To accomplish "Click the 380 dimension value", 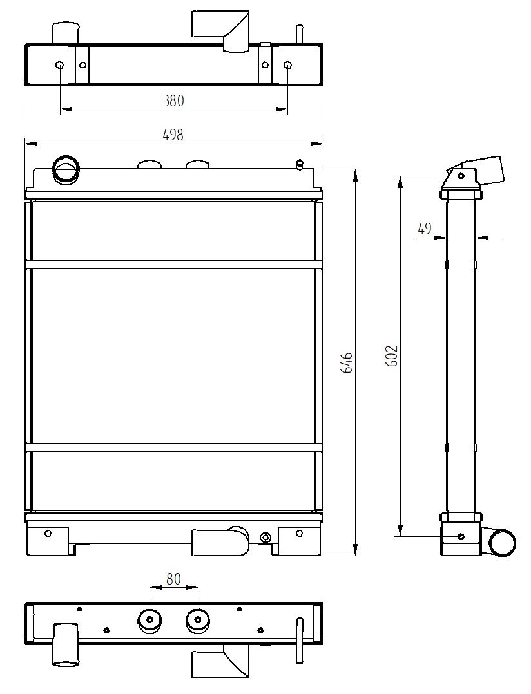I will (173, 100).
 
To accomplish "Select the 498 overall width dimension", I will (173, 135).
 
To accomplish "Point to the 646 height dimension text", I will (346, 362).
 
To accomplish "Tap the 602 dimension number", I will (392, 356).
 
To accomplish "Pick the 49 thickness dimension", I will (424, 228).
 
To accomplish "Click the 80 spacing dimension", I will (173, 578).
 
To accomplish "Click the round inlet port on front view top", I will (65, 169).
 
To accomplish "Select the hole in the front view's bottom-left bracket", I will (48, 533).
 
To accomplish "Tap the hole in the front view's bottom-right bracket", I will (298, 533).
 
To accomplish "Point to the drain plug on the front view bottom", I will (264, 537).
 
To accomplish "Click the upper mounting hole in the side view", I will (460, 175).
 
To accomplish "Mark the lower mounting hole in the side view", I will (460, 536).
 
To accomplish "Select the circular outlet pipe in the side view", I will (502, 542).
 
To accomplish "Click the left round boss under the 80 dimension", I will (150, 620).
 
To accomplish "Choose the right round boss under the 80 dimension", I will (197, 620).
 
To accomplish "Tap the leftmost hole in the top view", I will (60, 65).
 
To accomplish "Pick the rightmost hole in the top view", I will (287, 65).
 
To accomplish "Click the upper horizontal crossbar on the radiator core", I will (173, 265).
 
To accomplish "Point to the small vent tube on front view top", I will (299, 164).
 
